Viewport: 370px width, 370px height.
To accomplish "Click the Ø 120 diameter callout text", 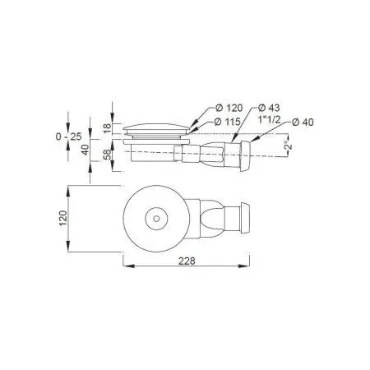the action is point(229,108).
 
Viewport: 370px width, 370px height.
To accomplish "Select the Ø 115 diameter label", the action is point(227,122).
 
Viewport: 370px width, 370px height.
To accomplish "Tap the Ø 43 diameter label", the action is point(269,108).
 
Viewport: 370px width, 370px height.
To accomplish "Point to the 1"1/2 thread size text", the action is point(270,119).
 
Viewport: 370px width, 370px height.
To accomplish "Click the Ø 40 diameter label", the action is point(303,123).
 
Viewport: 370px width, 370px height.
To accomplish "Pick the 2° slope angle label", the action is point(288,145).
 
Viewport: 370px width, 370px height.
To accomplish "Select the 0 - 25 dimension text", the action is point(68,136).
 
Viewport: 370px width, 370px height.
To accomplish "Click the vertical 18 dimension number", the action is point(108,128).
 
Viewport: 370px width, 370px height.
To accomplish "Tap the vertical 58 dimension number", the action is point(108,155).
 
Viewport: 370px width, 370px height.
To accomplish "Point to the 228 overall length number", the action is point(187,261).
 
